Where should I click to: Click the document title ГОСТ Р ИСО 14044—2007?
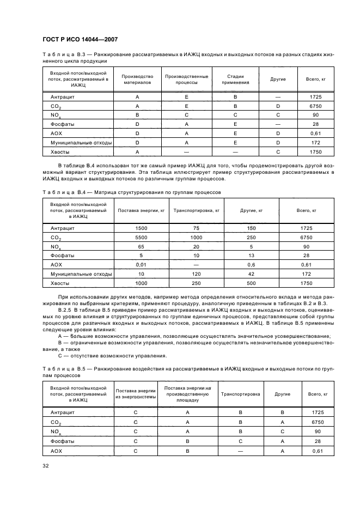tap(80, 40)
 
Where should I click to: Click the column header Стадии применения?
tap(235, 80)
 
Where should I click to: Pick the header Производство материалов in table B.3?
tap(137, 80)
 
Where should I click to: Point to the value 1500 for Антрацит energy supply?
tap(141, 228)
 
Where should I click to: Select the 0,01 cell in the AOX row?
tap(141, 264)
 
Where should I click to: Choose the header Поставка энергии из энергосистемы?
tap(135, 393)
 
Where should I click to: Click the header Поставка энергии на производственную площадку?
tap(187, 393)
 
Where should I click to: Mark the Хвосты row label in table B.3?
tap(59, 151)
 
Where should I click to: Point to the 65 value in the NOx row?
tap(141, 246)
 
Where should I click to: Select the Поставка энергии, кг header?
tap(141, 210)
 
